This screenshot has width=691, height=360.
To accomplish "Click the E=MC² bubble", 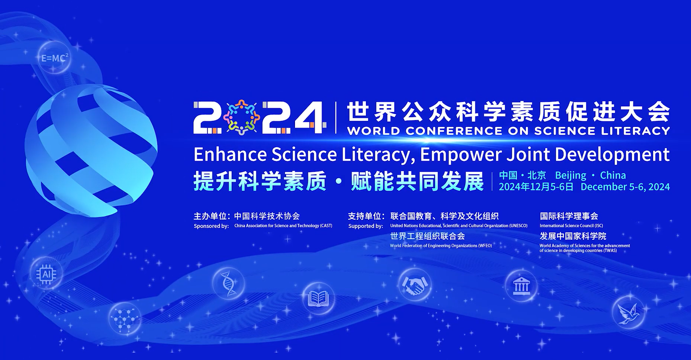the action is [54, 58].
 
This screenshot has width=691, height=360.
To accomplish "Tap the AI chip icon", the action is [46, 274].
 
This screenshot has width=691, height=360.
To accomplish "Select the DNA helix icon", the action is [228, 284].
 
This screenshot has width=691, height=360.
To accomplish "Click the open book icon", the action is [318, 298].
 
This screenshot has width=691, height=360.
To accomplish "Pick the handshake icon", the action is [415, 285].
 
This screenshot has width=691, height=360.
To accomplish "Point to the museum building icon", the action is [521, 286].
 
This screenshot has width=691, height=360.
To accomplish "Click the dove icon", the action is [628, 312].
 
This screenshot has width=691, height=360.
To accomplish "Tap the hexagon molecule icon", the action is [125, 318].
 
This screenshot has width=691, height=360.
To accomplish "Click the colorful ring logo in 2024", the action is [242, 117].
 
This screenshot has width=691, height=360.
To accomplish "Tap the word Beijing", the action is [571, 175].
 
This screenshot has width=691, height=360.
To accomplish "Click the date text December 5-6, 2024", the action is [625, 187].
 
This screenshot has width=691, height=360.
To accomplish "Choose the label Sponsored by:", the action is [211, 226].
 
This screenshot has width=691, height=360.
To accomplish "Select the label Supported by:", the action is [366, 226].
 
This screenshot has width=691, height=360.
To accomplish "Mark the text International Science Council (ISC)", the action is [571, 226].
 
